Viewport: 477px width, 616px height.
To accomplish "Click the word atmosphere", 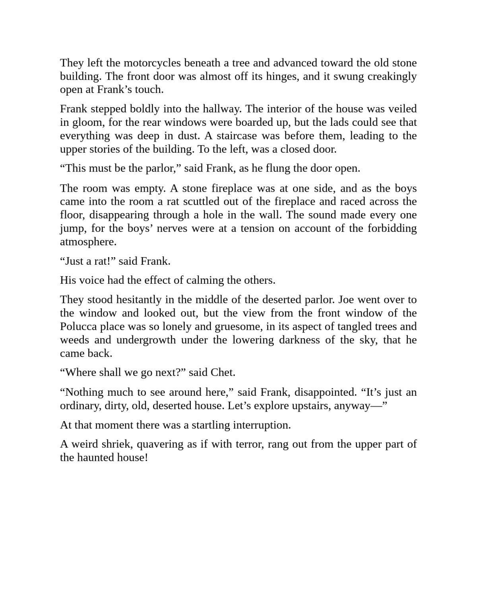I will click(88, 242).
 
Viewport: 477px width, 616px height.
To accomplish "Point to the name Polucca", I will click(78, 326).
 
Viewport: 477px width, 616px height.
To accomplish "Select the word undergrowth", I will click(146, 340).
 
